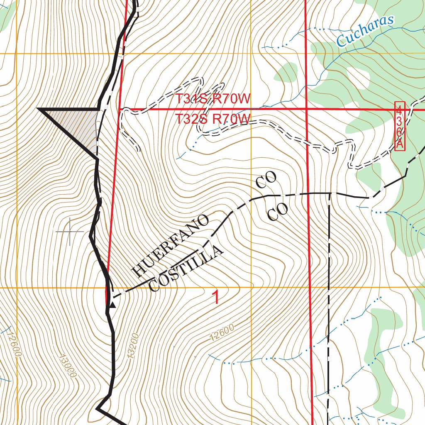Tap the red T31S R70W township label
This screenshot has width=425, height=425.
click(x=213, y=99)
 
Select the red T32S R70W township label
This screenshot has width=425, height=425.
click(x=213, y=119)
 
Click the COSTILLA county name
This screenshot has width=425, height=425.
click(x=186, y=269)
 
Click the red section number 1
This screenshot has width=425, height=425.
click(x=216, y=298)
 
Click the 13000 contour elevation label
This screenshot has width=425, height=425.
click(x=68, y=365)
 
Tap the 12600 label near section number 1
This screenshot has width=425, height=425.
click(x=222, y=332)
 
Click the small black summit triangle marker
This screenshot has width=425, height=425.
click(x=112, y=305)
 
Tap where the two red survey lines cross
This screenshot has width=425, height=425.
click(x=306, y=109)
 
